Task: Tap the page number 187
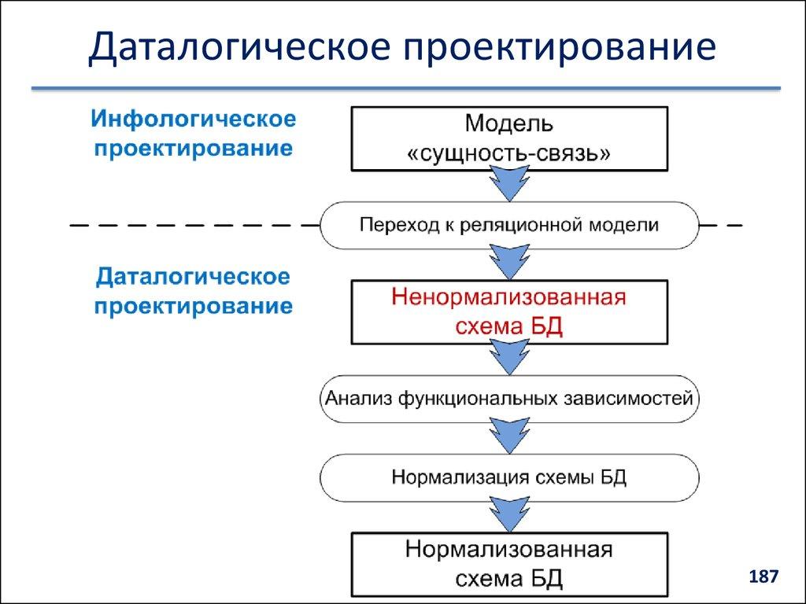pyautogui.click(x=763, y=576)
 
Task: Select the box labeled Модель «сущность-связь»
pyautogui.click(x=509, y=138)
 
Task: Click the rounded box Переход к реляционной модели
pyautogui.click(x=509, y=226)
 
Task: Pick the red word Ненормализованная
pyautogui.click(x=509, y=299)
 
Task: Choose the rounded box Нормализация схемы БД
pyautogui.click(x=509, y=477)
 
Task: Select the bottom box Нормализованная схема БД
pyautogui.click(x=509, y=563)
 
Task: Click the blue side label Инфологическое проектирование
pyautogui.click(x=194, y=134)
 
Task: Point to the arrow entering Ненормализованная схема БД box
pyautogui.click(x=509, y=263)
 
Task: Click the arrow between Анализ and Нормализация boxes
pyautogui.click(x=509, y=436)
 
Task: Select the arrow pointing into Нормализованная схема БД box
pyautogui.click(x=509, y=515)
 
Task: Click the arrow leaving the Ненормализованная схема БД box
pyautogui.click(x=509, y=358)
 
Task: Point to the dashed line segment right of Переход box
pyautogui.click(x=721, y=226)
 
